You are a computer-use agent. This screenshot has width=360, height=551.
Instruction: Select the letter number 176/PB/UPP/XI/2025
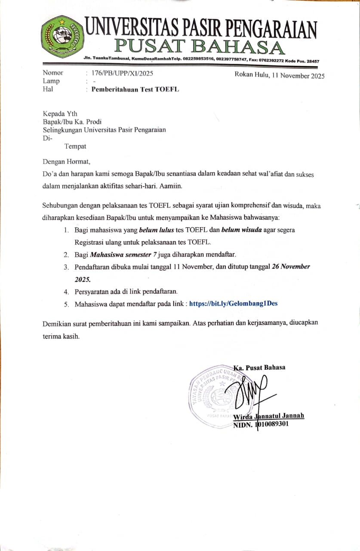(122, 73)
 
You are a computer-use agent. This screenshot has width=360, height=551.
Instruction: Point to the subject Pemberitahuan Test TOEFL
(135, 90)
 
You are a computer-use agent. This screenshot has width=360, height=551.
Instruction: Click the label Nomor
(53, 73)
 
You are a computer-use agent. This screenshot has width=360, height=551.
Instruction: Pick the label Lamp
(51, 81)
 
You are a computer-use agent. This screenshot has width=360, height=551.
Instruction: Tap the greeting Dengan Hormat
(67, 162)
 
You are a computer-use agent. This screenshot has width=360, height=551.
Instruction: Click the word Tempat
(75, 146)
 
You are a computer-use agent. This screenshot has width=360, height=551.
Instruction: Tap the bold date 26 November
(291, 266)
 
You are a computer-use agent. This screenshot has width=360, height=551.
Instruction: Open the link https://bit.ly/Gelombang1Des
(233, 303)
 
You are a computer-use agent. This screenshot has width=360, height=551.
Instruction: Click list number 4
(67, 291)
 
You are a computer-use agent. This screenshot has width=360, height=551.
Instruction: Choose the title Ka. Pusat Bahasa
(259, 368)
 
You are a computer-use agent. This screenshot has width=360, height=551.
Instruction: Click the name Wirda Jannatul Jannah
(268, 416)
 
